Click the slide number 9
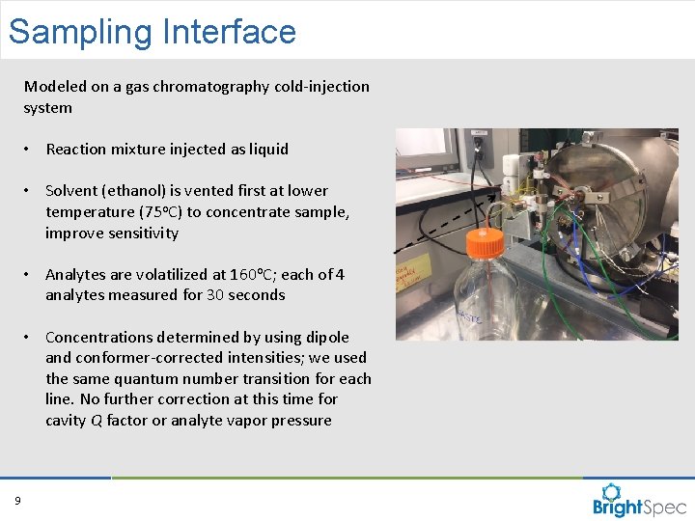pyautogui.click(x=17, y=500)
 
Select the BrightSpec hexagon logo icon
pyautogui.click(x=613, y=493)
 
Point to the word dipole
pyautogui.click(x=327, y=338)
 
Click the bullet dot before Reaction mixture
pyautogui.click(x=31, y=150)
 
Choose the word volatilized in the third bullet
pyautogui.click(x=149, y=275)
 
